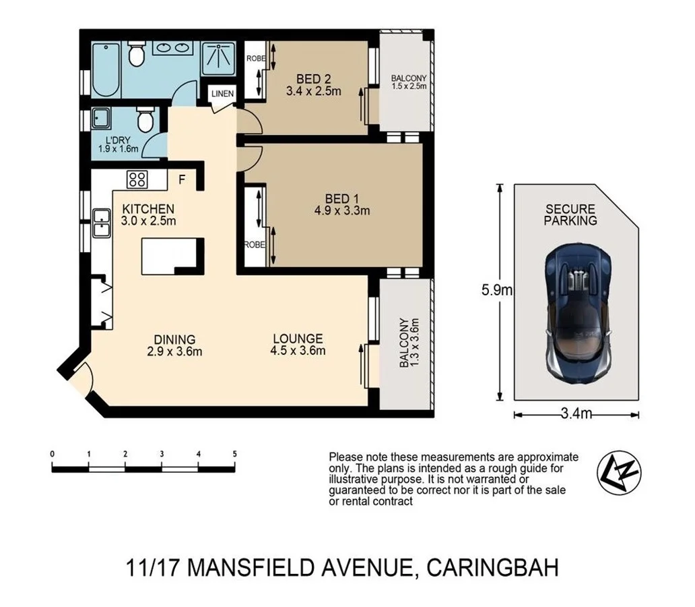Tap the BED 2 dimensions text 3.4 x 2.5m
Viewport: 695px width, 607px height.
tap(313, 91)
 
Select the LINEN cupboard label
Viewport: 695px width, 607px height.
tap(222, 94)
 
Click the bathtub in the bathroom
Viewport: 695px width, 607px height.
tap(106, 70)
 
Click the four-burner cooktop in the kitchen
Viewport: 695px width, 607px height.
tap(137, 179)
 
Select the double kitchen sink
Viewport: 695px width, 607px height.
tap(102, 223)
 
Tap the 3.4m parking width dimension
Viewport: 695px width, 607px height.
tap(576, 414)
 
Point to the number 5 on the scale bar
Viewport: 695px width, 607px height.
tap(234, 454)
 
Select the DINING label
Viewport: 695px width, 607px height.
tap(174, 339)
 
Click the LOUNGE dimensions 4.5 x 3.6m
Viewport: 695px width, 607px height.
tap(298, 351)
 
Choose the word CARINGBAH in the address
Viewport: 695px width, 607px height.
tap(492, 568)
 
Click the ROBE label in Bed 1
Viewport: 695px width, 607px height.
tap(253, 245)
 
